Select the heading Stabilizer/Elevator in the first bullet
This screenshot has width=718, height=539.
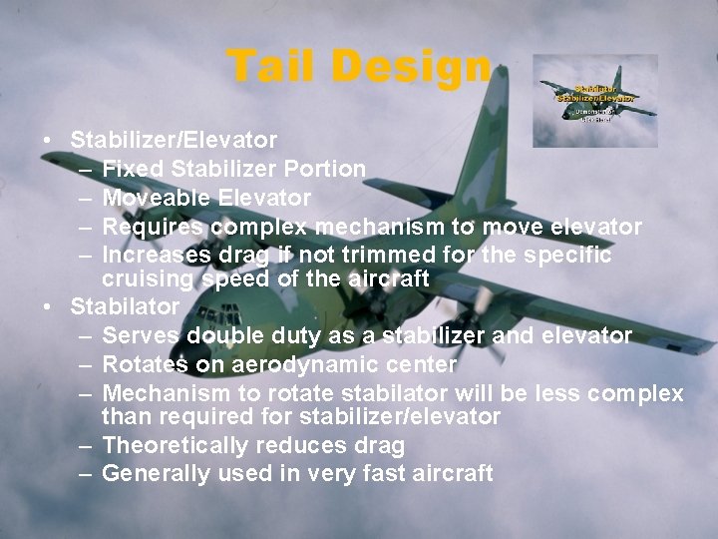tap(175, 141)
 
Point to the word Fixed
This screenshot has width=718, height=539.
tap(132, 170)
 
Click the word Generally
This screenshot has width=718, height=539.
tap(155, 474)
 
